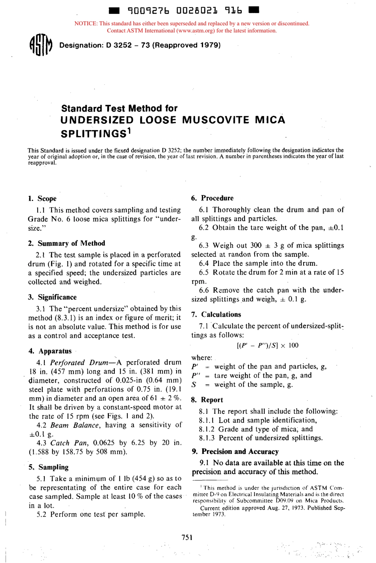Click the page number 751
coord(187,537)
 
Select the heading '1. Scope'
coord(42,199)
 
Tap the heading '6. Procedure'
coord(213,198)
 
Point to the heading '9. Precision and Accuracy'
coord(235,451)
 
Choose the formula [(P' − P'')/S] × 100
coord(268,345)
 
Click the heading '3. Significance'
coord(53,297)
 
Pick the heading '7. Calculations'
coord(216,315)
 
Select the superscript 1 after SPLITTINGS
coord(129,131)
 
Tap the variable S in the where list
coord(194,385)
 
